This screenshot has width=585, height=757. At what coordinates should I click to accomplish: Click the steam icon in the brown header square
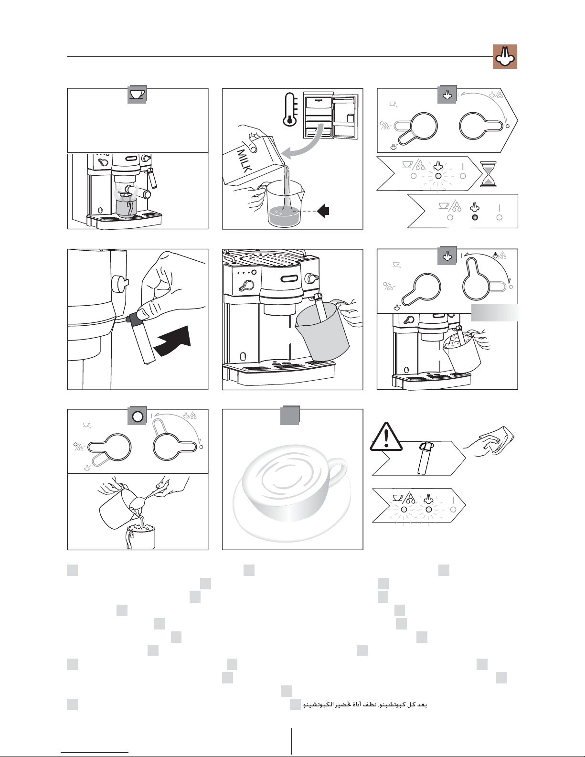coord(505,57)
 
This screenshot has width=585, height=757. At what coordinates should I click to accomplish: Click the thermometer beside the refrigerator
coord(290,109)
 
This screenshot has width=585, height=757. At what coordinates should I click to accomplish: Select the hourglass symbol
coord(488,174)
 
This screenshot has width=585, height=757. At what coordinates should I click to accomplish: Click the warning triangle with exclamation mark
coord(386,437)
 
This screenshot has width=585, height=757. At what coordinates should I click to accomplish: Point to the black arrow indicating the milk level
coord(323,211)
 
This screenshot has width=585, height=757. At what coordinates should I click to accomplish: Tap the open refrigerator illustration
coord(330,116)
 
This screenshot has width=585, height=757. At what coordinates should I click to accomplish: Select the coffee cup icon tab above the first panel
coord(138,95)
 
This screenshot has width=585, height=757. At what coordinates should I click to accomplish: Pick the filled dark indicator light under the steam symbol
coord(474,217)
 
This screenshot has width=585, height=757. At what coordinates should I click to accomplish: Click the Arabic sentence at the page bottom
coord(365,705)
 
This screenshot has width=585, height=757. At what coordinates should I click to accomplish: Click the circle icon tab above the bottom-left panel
coord(138,416)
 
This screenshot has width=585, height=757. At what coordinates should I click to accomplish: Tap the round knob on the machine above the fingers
coord(119,284)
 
